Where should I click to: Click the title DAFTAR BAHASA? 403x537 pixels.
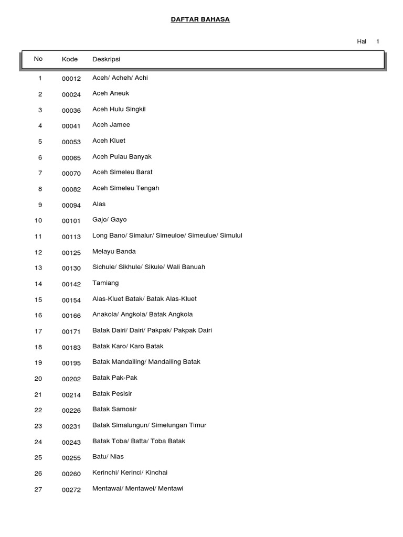(x=200, y=19)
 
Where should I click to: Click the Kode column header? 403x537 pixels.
(x=70, y=59)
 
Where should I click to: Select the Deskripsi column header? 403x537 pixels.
(x=106, y=59)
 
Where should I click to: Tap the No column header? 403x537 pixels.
(x=38, y=59)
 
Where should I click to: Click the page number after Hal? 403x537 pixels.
(x=377, y=41)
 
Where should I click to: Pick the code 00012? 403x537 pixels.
(x=71, y=79)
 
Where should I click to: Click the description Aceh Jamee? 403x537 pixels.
(x=111, y=125)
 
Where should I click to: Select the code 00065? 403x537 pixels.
(x=71, y=157)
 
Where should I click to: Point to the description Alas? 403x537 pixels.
(x=99, y=204)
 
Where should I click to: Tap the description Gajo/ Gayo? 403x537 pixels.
(x=109, y=220)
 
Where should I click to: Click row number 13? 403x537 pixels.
(x=38, y=268)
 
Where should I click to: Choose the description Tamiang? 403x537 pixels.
(x=105, y=283)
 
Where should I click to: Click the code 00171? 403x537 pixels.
(x=71, y=331)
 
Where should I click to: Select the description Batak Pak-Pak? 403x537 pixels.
(x=114, y=378)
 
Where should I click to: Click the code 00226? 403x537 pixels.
(x=71, y=410)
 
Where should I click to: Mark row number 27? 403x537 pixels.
(x=38, y=489)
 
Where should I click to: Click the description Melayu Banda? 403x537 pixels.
(x=114, y=252)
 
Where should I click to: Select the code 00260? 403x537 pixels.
(x=71, y=473)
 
